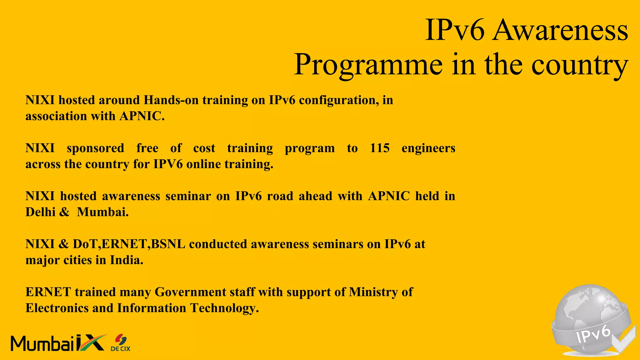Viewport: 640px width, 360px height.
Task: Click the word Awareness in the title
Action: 560,30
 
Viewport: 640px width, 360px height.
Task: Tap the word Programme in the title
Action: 368,65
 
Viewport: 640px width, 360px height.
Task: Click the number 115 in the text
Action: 380,148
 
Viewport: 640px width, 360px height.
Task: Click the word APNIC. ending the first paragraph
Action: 142,116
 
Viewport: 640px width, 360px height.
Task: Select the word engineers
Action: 428,148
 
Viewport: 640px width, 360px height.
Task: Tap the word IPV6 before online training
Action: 168,164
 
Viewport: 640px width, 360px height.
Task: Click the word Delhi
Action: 40,212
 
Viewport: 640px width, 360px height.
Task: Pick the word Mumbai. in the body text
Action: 103,212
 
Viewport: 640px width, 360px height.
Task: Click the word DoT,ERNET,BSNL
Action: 129,244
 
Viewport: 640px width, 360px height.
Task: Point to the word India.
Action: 127,260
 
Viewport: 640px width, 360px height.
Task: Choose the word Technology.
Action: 224,308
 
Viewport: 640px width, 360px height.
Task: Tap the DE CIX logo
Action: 121,343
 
